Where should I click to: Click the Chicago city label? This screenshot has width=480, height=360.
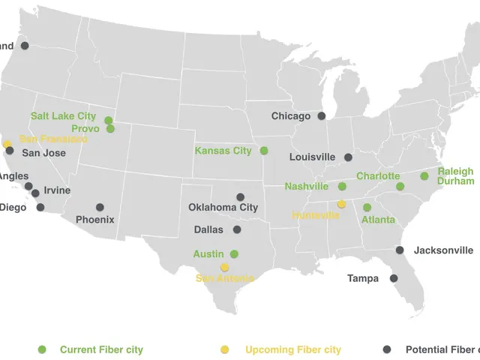click(x=290, y=116)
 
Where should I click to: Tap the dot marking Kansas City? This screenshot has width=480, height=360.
click(x=264, y=151)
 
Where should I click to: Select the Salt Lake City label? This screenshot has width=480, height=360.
click(x=63, y=116)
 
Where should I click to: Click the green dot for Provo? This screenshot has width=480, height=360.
click(x=110, y=129)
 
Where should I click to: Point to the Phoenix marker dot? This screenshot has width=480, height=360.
click(x=100, y=207)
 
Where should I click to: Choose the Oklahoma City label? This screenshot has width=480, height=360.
click(x=223, y=208)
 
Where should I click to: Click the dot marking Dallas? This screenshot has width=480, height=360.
click(x=237, y=230)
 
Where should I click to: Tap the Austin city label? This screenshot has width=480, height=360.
click(x=208, y=254)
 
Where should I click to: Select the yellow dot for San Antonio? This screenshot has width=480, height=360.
click(x=224, y=267)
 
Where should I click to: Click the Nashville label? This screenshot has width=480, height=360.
click(x=307, y=186)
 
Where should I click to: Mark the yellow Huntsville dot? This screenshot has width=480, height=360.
click(x=341, y=204)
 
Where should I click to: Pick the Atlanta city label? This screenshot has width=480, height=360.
click(x=378, y=220)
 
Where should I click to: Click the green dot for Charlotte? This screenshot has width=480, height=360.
click(x=400, y=186)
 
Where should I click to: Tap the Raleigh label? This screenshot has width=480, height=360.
click(x=456, y=172)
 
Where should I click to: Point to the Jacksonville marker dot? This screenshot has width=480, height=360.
click(x=400, y=250)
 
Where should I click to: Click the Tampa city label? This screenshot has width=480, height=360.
click(x=363, y=279)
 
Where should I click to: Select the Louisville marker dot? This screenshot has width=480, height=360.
click(x=348, y=157)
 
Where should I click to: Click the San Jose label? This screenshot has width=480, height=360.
click(x=43, y=153)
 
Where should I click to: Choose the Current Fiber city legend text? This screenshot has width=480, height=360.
click(x=101, y=349)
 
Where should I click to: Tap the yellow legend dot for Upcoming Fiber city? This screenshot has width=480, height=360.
click(x=225, y=349)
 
